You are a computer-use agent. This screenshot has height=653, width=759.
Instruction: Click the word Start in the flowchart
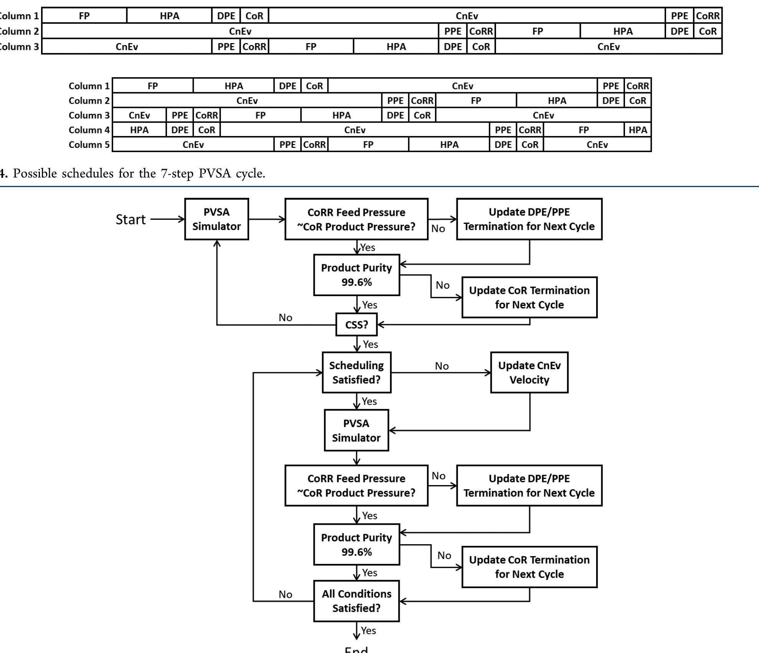coord(131,219)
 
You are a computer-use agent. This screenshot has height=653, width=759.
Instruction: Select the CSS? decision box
coord(356,325)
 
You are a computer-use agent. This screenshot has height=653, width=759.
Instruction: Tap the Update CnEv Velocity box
coord(529,372)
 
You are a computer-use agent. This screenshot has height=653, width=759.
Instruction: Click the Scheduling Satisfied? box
coord(356,372)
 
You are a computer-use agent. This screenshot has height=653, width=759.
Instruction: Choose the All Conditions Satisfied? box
coord(356,601)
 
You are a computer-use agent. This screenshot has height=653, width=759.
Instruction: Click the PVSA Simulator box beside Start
coord(217,219)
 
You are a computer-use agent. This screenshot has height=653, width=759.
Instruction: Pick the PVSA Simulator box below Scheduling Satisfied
coord(356,430)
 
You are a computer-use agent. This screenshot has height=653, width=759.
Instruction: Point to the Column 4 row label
coord(89,130)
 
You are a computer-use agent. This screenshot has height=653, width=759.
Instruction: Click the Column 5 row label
coord(89,144)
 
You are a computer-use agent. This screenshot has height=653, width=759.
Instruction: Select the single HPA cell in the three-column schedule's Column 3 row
coord(396,46)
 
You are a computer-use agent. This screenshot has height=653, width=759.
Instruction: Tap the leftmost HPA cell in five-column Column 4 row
coord(139,130)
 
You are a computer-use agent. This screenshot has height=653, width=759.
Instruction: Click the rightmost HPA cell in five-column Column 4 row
coord(637,130)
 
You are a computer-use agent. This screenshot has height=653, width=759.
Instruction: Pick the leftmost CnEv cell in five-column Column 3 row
coord(139,115)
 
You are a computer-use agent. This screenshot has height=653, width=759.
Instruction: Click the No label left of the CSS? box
coord(285,318)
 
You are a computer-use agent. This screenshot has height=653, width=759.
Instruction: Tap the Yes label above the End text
coord(368,630)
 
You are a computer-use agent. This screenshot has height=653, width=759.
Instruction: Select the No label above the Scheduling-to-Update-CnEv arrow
coord(442,366)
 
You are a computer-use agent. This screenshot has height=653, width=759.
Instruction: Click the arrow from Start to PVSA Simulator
coord(167,219)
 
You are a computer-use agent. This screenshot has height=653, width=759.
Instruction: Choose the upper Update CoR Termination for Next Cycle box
coord(529,297)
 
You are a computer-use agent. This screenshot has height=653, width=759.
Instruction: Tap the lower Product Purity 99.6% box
coord(356,544)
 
